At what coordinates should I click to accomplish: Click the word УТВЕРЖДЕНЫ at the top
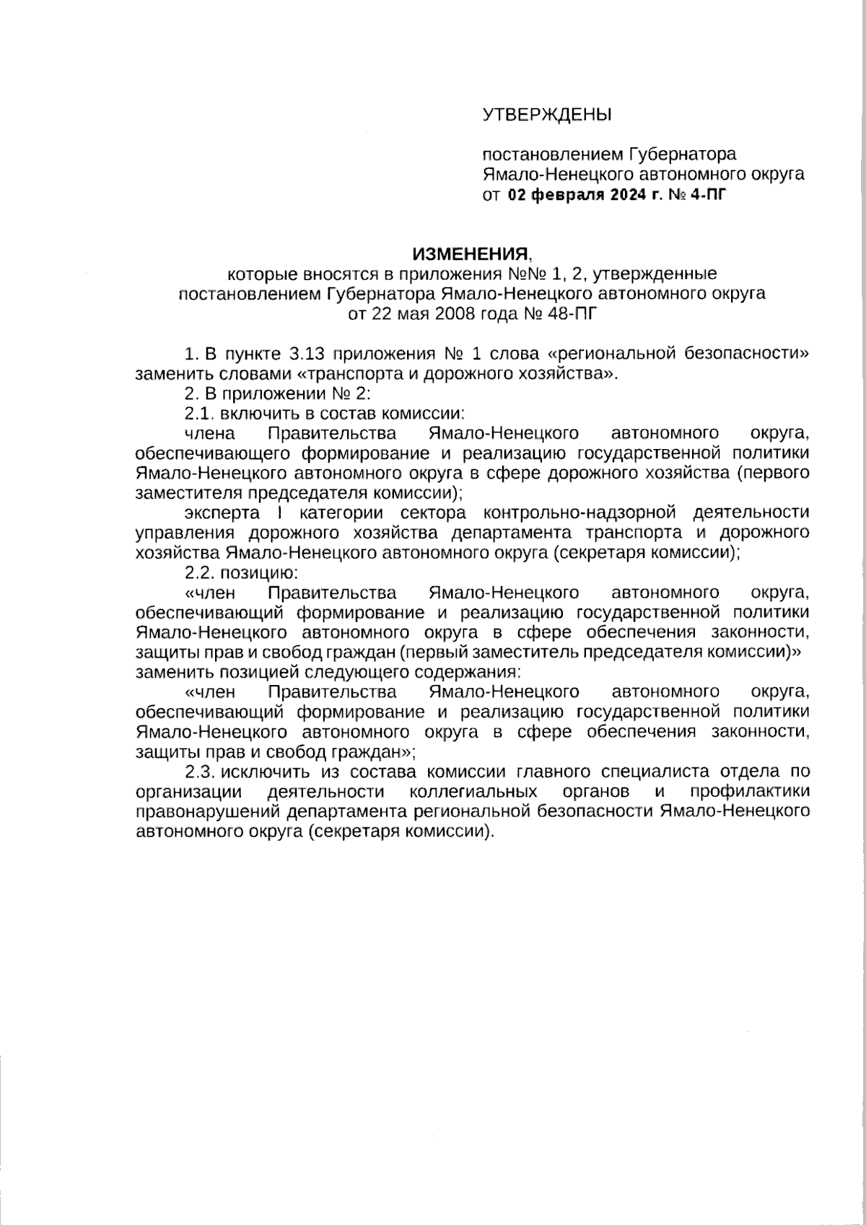(x=546, y=114)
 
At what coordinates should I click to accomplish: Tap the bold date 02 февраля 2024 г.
(x=583, y=195)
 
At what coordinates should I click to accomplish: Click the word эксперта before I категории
(x=222, y=513)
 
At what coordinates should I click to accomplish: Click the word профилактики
(x=749, y=791)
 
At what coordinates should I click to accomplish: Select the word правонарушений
(x=207, y=811)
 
